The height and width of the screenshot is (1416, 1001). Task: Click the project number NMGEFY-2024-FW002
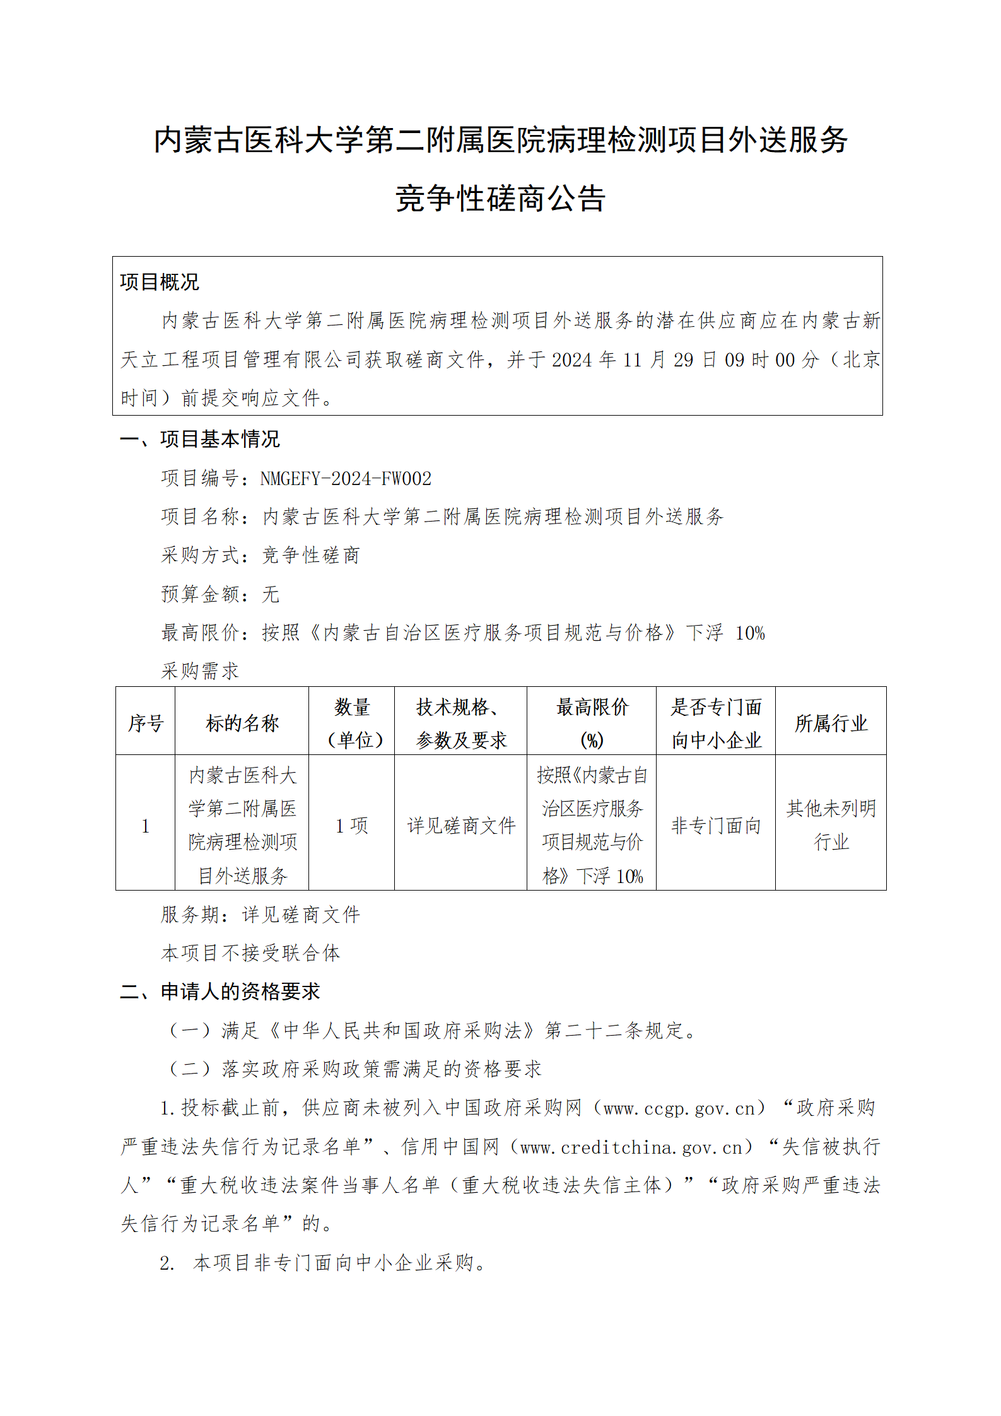[346, 479]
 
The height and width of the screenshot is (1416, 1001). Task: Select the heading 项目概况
[159, 282]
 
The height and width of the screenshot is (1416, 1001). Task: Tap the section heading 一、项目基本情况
[199, 439]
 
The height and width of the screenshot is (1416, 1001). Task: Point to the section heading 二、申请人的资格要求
[220, 992]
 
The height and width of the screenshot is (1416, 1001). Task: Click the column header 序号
[146, 723]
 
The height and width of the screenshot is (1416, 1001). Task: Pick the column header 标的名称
[242, 723]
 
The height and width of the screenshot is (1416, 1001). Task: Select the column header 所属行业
[831, 723]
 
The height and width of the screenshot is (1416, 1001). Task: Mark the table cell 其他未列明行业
[831, 825]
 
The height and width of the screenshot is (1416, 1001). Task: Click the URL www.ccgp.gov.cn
[679, 1108]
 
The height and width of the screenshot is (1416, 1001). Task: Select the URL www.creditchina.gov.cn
[631, 1147]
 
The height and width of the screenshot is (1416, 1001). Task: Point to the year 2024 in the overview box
[572, 360]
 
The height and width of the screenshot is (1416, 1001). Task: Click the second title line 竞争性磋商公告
[501, 199]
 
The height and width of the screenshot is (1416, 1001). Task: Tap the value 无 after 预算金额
[271, 594]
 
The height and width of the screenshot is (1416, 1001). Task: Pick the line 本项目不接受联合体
[250, 953]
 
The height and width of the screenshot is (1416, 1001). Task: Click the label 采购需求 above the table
[200, 671]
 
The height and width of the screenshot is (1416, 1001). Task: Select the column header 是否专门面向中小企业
[716, 723]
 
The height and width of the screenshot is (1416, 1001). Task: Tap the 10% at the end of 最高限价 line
[750, 633]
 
